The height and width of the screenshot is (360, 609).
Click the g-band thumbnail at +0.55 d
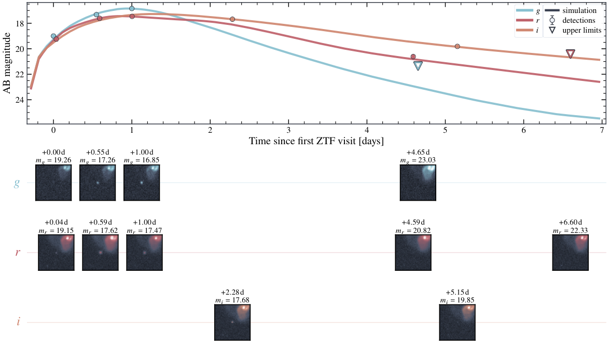pos(98,183)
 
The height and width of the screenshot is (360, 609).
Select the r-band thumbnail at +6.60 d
pos(570,253)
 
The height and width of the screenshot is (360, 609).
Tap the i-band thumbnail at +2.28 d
pos(232,322)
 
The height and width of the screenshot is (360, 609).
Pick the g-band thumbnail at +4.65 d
pos(418,183)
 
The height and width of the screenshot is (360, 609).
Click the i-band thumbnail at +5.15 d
pos(457,322)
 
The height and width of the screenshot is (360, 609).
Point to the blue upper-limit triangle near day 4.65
pos(418,66)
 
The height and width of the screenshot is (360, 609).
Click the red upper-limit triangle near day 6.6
pos(570,54)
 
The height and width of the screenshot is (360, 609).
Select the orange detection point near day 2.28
pos(232,19)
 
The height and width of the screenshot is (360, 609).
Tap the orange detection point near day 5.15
pos(457,46)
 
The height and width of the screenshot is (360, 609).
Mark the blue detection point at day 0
pos(53,36)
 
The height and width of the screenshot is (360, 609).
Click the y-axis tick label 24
pos(19,100)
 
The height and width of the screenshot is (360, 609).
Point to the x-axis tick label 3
pos(288,130)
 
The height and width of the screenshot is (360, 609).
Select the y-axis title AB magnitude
pos(7,63)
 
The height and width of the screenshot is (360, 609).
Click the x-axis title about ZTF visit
pos(316,141)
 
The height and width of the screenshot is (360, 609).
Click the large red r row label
pos(18,253)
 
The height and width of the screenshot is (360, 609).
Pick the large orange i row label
pos(18,322)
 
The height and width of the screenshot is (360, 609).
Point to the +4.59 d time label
pos(413,223)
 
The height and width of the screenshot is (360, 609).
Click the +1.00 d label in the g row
pos(142,152)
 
